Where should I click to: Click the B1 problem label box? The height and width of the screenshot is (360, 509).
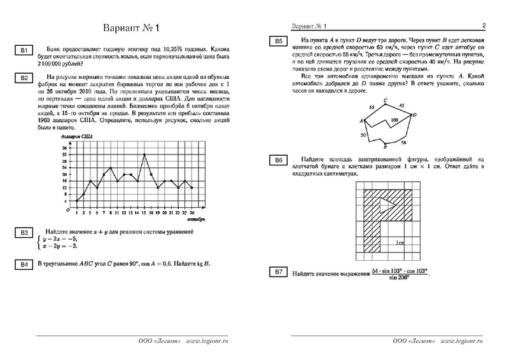pos(22,50)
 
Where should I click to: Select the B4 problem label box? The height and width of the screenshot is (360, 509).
pos(22,264)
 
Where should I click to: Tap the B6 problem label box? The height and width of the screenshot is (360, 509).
pos(278,160)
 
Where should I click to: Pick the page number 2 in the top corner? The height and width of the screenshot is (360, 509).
pos(484,26)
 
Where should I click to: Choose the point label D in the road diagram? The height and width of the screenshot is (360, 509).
pos(414,114)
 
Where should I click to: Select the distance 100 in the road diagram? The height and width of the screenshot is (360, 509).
pos(395,120)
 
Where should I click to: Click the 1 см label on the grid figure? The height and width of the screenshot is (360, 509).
pos(399,242)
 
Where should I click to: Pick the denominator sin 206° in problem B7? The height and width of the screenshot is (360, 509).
pos(393,279)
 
